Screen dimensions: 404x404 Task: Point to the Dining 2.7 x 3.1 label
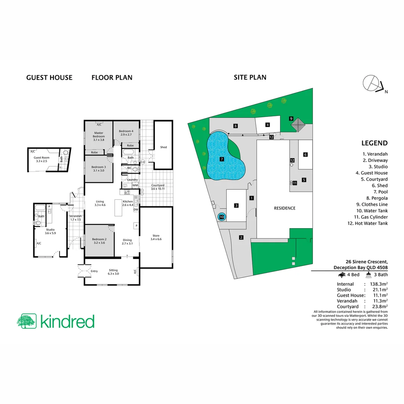(x=128, y=242)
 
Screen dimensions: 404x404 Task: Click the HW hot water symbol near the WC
(x=143, y=162)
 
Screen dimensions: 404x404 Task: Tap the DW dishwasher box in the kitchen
(x=136, y=209)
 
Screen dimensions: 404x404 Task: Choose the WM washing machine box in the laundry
(x=135, y=185)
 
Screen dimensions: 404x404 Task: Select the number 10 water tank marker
(x=221, y=217)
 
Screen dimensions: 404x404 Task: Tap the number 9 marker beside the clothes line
(x=291, y=119)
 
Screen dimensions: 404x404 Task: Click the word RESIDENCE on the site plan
(x=284, y=208)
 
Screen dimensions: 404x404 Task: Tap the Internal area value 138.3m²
(x=377, y=284)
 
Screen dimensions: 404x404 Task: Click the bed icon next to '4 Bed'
(x=342, y=275)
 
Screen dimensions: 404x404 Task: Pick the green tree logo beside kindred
(x=26, y=321)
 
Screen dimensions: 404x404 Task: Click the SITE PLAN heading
(x=250, y=77)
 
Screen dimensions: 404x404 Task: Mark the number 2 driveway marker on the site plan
(x=241, y=237)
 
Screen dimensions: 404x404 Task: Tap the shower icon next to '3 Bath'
(x=368, y=275)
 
